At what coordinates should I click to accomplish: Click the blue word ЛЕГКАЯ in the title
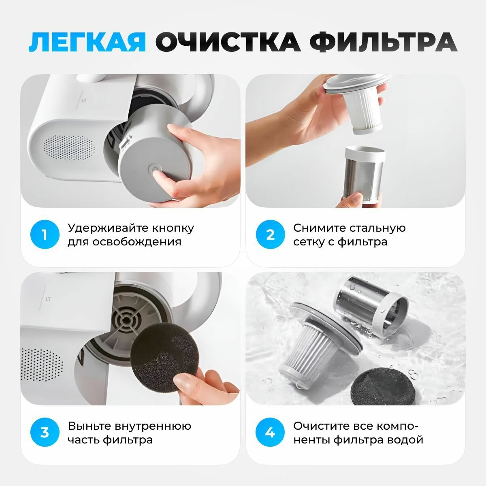87,42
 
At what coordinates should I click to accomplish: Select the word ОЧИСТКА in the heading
228,42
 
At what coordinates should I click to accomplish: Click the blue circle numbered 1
45,234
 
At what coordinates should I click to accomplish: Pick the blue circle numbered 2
271,234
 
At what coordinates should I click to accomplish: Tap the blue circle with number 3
45,433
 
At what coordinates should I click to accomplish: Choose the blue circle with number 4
270,433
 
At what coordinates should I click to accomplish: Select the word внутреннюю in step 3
153,426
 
